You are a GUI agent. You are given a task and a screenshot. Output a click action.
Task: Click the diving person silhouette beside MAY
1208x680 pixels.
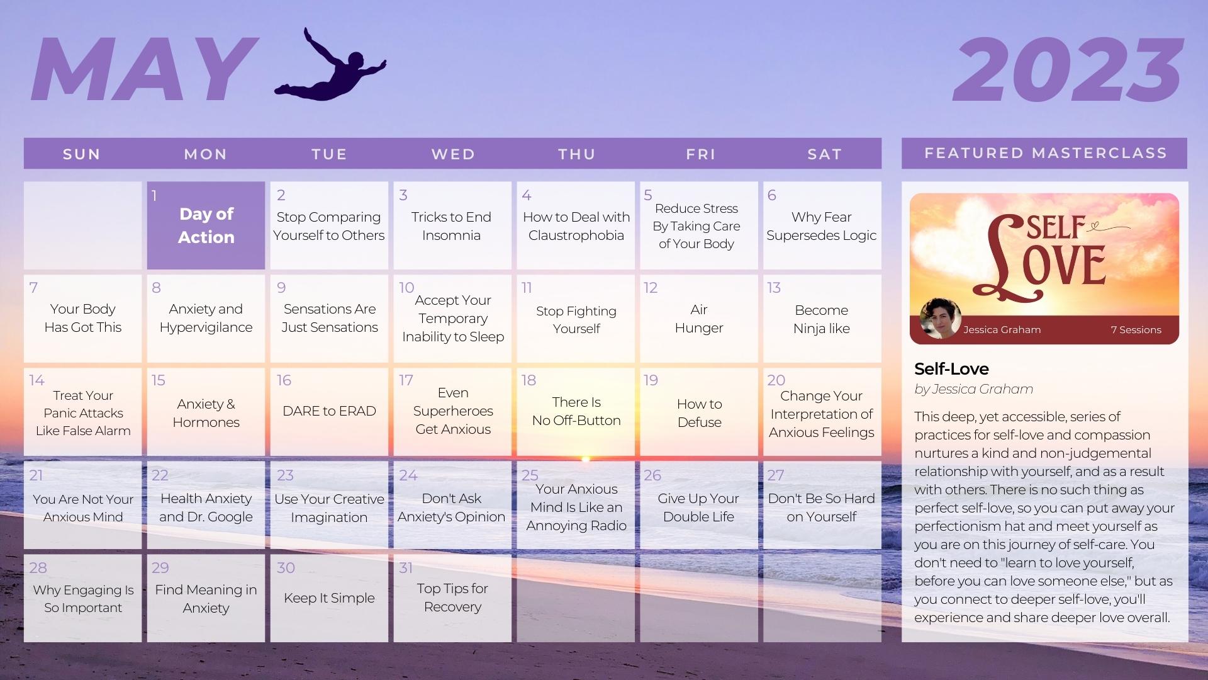[x=330, y=69]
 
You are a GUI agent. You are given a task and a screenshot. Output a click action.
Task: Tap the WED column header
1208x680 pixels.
[x=453, y=154]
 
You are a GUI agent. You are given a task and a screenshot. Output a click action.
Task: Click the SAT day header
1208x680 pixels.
[x=824, y=154]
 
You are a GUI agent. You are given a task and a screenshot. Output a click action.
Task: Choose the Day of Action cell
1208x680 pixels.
[x=206, y=225]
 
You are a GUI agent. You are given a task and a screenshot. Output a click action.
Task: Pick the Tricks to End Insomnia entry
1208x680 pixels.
[x=451, y=226]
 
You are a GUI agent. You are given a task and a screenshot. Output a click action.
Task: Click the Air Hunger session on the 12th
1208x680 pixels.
[x=698, y=319]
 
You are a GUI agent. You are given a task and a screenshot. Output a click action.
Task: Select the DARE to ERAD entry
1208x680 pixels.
[x=329, y=411]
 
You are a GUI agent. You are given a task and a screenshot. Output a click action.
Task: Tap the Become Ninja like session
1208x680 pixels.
[x=821, y=319]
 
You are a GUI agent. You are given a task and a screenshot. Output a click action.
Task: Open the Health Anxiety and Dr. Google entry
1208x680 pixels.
[x=206, y=507]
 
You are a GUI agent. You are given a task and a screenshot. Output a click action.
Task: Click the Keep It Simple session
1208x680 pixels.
[x=329, y=598]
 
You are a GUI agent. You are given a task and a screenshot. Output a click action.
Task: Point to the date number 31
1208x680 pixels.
[x=406, y=568]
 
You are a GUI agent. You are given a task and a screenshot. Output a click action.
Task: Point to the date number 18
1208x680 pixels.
[x=528, y=380]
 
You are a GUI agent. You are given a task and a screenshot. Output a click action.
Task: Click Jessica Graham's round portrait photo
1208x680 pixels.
[x=940, y=319]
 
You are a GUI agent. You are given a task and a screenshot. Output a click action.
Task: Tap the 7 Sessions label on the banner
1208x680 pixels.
[x=1136, y=330]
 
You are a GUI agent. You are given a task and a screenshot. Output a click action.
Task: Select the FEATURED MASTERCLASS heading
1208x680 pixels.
[x=1045, y=153]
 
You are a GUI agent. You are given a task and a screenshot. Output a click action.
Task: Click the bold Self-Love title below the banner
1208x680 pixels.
[x=951, y=369]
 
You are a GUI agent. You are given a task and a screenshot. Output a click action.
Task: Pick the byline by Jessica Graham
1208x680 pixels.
[x=973, y=389]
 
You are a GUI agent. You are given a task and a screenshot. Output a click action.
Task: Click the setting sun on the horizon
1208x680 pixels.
[x=585, y=459]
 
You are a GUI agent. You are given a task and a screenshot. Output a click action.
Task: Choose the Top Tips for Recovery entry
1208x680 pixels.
[x=452, y=598]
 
